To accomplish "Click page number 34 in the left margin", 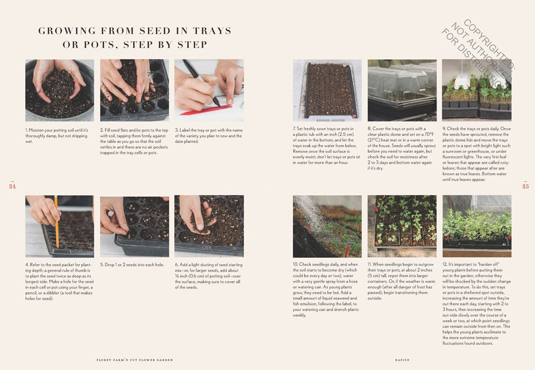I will pyautogui.click(x=12, y=186).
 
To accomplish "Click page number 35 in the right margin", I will pyautogui.click(x=525, y=186).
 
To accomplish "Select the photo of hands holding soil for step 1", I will pyautogui.click(x=59, y=90).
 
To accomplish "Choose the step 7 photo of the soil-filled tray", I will pyautogui.click(x=327, y=90).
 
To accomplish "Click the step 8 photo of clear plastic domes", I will pyautogui.click(x=402, y=90).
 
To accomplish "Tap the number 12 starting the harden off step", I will pyautogui.click(x=445, y=264).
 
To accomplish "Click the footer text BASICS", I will pyautogui.click(x=402, y=360).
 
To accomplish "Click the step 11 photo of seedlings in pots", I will pyautogui.click(x=402, y=226).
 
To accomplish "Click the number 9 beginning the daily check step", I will pyautogui.click(x=444, y=129).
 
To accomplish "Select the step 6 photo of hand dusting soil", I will pyautogui.click(x=209, y=226).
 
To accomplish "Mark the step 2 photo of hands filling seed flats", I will pyautogui.click(x=134, y=90).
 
